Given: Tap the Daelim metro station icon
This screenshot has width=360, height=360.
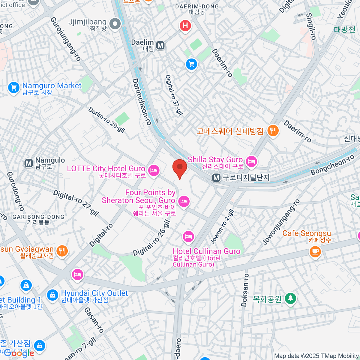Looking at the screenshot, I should (160, 45).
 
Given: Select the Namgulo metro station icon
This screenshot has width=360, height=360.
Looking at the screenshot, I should (29, 163).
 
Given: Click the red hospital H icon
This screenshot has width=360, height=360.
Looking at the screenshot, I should (185, 25).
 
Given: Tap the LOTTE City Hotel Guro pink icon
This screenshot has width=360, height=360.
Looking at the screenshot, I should (154, 171).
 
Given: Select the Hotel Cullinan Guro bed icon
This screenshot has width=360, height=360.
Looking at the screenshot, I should (188, 237).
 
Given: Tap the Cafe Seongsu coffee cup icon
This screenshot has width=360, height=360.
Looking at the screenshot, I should (315, 251).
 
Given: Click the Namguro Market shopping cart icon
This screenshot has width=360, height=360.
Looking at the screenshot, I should (13, 88).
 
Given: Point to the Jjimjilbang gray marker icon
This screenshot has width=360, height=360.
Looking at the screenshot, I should (115, 24).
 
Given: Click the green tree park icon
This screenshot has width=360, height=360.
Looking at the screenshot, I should (290, 298).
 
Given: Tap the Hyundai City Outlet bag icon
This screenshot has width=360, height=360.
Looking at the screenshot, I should (52, 295).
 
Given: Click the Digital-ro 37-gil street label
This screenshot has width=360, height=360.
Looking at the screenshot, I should (174, 95).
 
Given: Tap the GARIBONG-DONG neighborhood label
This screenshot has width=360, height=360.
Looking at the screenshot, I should (38, 217).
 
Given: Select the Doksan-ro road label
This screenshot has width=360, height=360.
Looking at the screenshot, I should (245, 290).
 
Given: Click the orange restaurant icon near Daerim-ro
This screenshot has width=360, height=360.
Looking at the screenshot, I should (273, 131).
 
